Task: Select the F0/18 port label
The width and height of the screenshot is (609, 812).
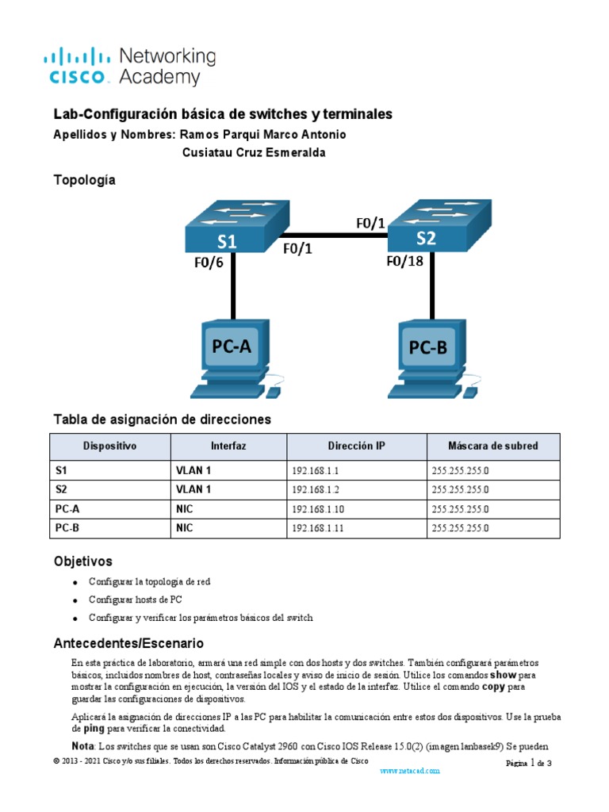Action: (404, 262)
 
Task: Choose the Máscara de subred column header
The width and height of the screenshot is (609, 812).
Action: (492, 446)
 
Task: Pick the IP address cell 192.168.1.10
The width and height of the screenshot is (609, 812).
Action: (318, 509)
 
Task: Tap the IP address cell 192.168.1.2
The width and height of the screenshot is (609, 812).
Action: (316, 490)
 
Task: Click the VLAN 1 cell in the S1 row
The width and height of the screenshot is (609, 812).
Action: (193, 470)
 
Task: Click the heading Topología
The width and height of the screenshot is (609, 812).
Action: (84, 180)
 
